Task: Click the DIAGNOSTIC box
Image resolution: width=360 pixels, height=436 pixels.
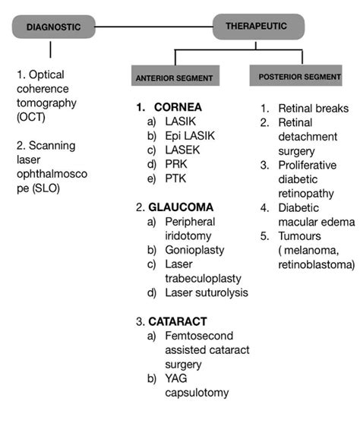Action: tap(52, 27)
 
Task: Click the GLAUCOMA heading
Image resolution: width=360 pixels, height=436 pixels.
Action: tap(178, 207)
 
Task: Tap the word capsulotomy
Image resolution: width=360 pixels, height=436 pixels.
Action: tap(197, 393)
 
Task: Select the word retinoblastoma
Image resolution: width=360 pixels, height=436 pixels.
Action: tap(315, 264)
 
